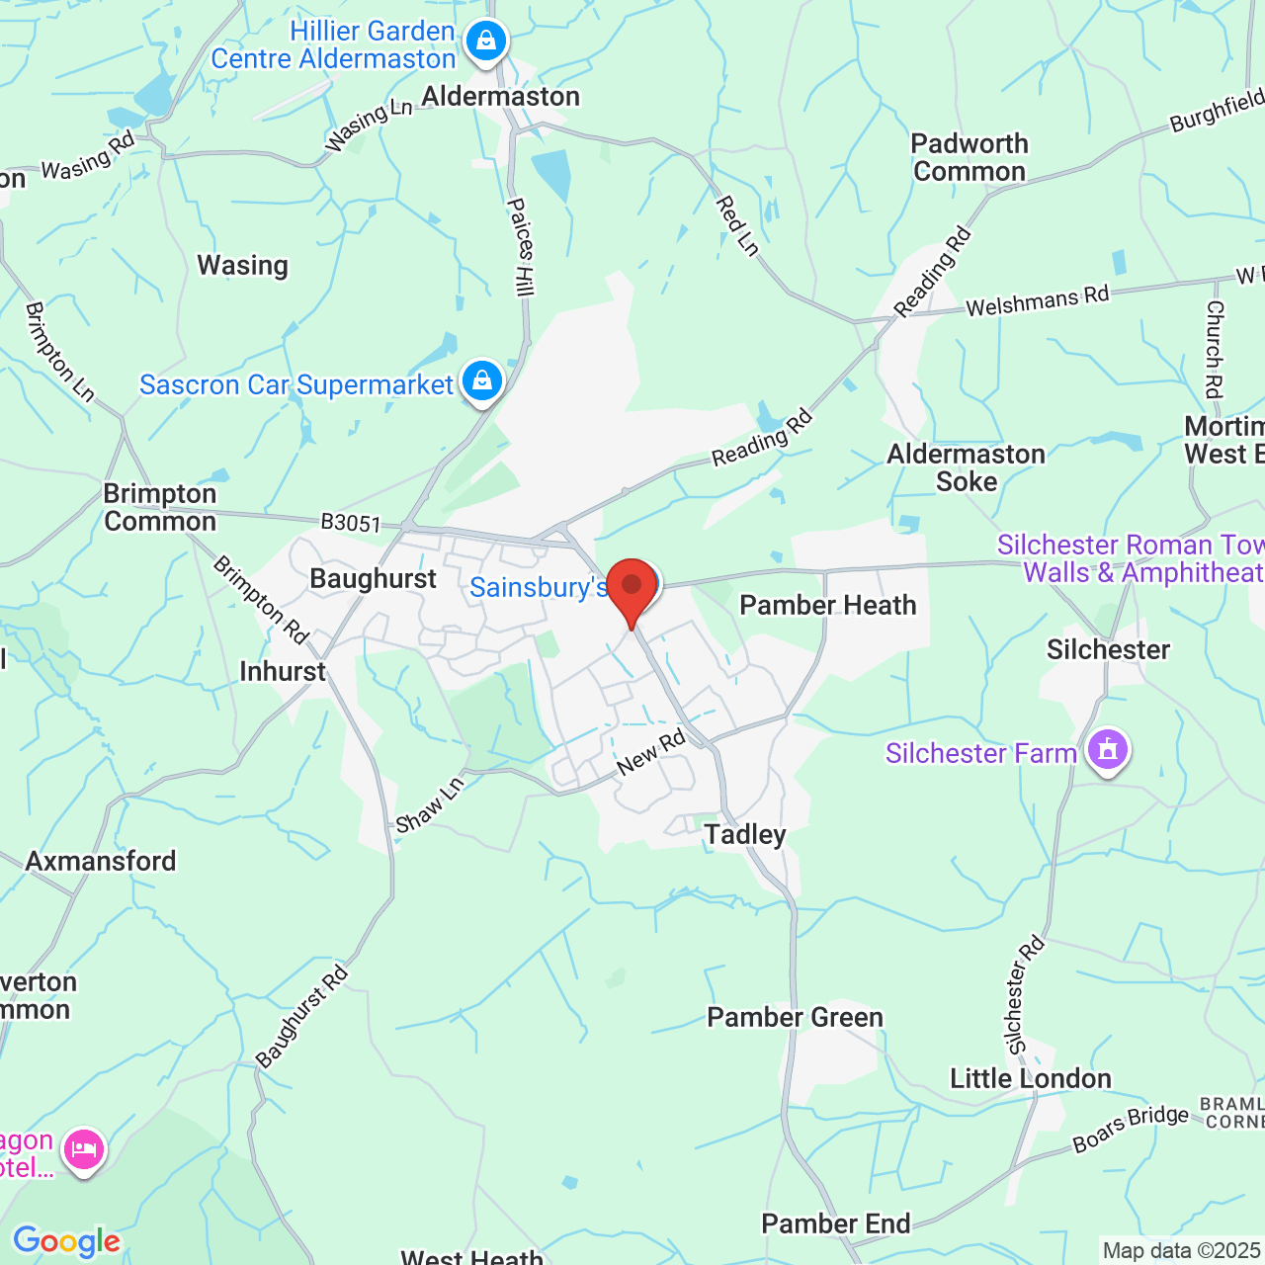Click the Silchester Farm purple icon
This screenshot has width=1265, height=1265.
click(x=1107, y=751)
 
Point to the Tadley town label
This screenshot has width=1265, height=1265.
click(x=745, y=835)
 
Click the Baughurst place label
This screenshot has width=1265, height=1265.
click(x=373, y=579)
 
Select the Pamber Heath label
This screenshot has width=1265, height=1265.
click(x=827, y=605)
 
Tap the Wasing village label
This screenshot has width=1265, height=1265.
click(x=242, y=266)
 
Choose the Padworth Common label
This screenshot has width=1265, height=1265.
click(x=969, y=158)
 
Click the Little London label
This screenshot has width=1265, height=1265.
click(x=1030, y=1078)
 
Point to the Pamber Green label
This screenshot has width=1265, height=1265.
click(x=795, y=1017)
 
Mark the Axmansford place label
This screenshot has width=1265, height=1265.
click(x=101, y=861)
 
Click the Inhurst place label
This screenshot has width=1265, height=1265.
click(x=282, y=672)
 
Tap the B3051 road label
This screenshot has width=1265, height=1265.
click(x=351, y=522)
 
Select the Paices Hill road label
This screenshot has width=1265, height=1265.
click(x=520, y=247)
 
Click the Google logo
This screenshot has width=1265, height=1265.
click(x=66, y=1241)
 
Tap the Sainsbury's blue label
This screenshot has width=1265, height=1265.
click(x=538, y=587)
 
